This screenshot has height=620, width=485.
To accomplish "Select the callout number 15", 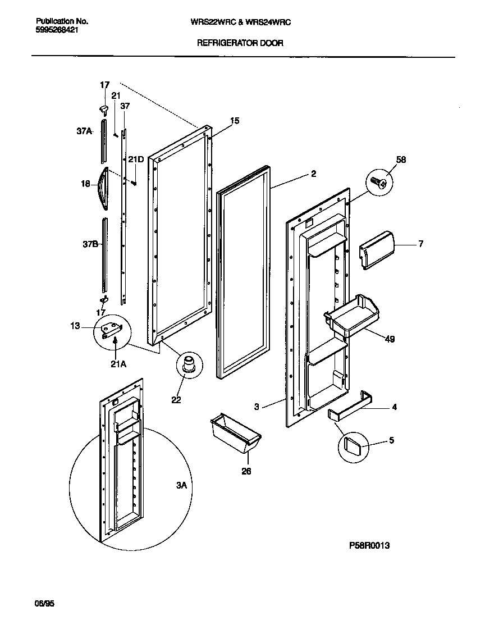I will [235, 120].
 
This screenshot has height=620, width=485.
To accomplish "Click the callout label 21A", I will [118, 364].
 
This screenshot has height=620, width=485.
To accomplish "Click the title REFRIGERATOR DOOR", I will [240, 43].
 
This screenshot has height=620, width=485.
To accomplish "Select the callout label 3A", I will [181, 485].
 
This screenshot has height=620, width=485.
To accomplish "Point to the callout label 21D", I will [135, 159].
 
